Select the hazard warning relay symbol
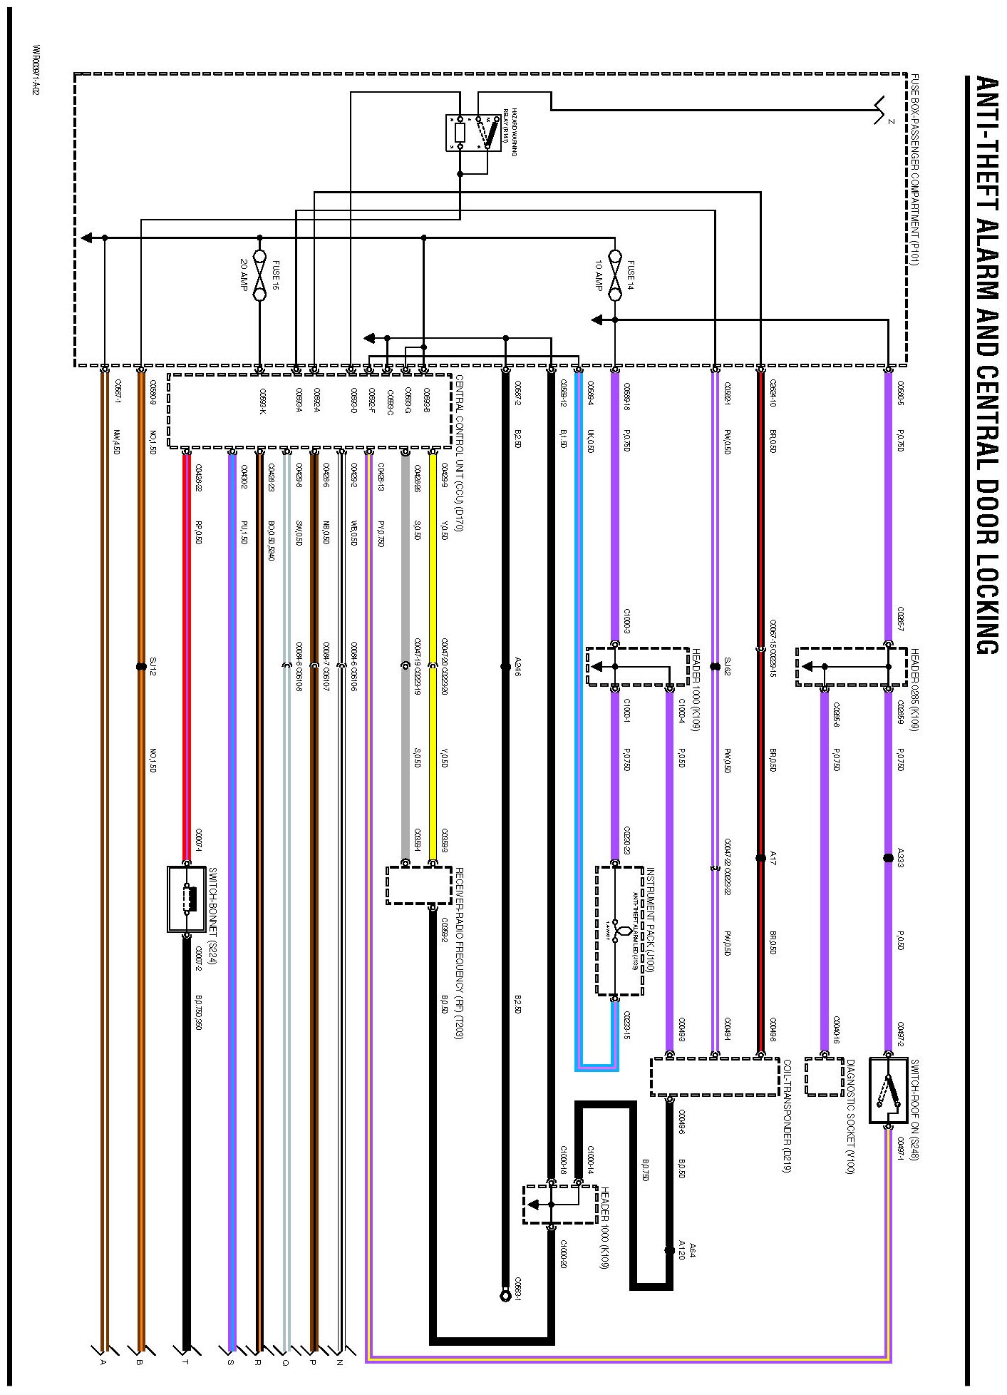coord(474,133)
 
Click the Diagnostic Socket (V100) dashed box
coord(825,1076)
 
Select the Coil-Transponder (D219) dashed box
coord(714,1077)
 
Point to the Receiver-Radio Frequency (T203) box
coord(419,885)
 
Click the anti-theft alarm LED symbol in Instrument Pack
coord(621,931)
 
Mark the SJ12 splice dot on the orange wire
coord(141,667)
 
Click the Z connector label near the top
coord(891,121)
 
